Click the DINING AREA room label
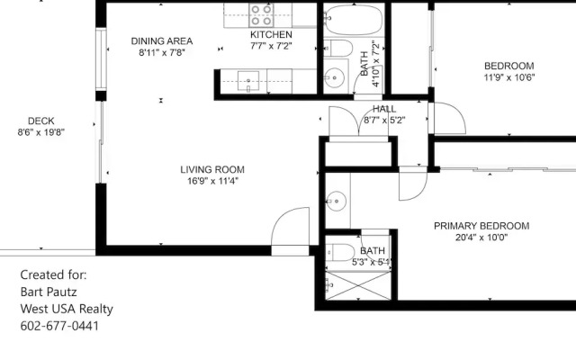[162, 40]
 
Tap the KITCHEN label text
[270, 34]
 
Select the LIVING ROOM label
[211, 169]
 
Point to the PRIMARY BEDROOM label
[481, 226]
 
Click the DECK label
[41, 121]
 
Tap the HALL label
[384, 109]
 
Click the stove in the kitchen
[262, 13]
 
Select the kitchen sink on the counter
[249, 81]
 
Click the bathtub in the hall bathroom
[353, 17]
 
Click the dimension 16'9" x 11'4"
[211, 181]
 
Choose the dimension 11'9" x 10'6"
[508, 77]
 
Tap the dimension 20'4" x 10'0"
[481, 238]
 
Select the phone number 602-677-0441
[59, 325]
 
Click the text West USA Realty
[67, 308]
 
